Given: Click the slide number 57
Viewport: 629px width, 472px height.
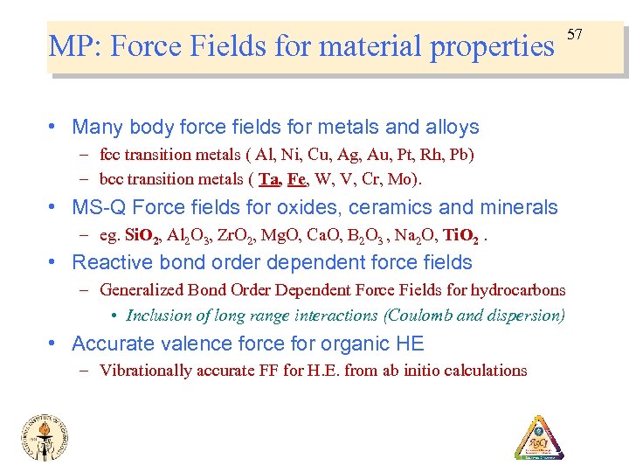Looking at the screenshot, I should pos(574,34).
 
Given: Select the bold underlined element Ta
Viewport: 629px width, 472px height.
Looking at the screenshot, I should pos(268,179).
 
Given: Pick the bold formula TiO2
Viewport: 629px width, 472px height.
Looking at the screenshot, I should pos(462,236).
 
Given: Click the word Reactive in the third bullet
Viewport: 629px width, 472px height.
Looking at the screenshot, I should pos(108,262).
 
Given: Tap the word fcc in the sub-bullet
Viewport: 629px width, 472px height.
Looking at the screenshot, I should pos(111,155).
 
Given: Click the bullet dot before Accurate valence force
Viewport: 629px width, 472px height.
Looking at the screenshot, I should pos(56,344).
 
